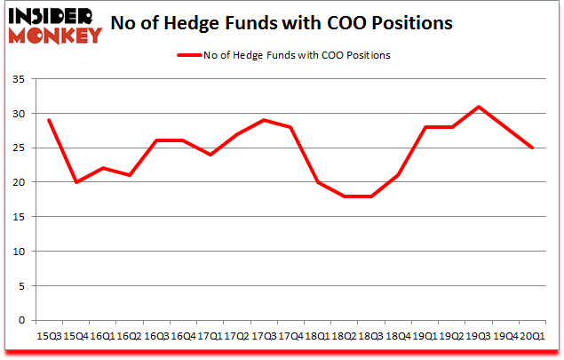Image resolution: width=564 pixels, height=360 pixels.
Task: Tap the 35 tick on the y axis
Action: pyautogui.click(x=18, y=80)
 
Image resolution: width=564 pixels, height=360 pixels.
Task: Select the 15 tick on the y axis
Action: pyautogui.click(x=18, y=218)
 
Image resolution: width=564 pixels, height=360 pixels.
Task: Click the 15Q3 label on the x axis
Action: pyautogui.click(x=48, y=335)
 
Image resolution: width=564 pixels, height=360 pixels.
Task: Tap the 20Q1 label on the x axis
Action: pyautogui.click(x=532, y=335)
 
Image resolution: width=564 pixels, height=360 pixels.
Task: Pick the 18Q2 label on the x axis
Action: pyautogui.click(x=344, y=335)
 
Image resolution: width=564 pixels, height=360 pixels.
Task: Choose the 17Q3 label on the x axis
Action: pyautogui.click(x=263, y=335)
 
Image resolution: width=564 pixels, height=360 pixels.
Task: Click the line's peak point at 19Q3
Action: pyautogui.click(x=479, y=107)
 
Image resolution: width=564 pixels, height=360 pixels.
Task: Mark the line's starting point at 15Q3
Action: pyautogui.click(x=48, y=120)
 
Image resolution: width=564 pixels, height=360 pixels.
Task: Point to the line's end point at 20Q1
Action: pyautogui.click(x=532, y=148)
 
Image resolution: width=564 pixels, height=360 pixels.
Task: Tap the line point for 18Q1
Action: pyautogui.click(x=317, y=182)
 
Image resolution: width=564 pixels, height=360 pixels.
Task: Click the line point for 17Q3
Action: pyautogui.click(x=263, y=120)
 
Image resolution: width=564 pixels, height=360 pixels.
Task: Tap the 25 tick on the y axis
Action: pyautogui.click(x=18, y=148)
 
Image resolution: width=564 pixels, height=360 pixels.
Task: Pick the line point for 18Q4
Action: pyautogui.click(x=398, y=175)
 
